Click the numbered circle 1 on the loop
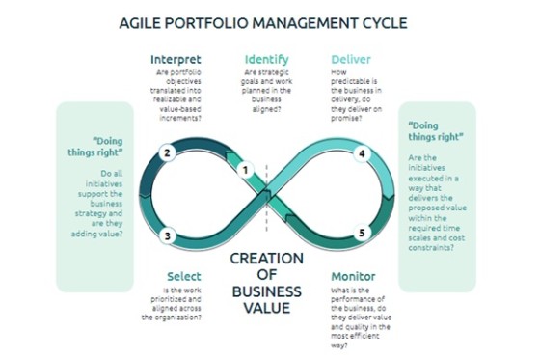pyautogui.click(x=246, y=171)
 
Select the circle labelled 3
pyautogui.click(x=167, y=234)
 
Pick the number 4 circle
pyautogui.click(x=362, y=153)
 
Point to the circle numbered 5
pyautogui.click(x=362, y=233)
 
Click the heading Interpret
pyautogui.click(x=175, y=59)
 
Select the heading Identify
pyautogui.click(x=266, y=59)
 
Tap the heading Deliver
pyautogui.click(x=351, y=59)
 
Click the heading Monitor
pyautogui.click(x=354, y=276)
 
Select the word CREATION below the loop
pyautogui.click(x=266, y=258)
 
